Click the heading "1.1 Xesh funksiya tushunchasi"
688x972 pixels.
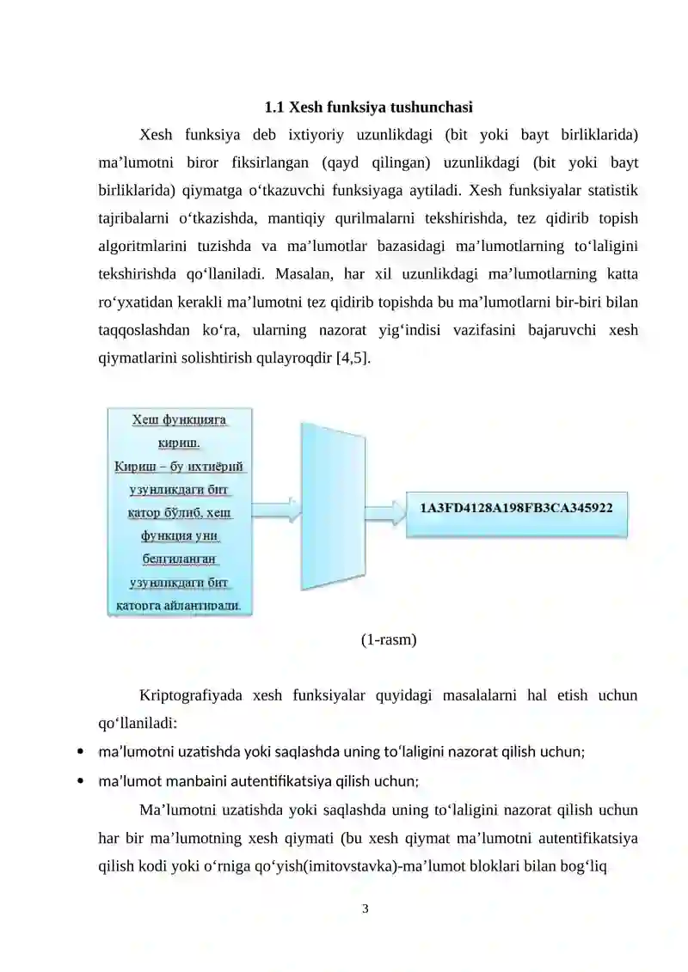pyautogui.click(x=367, y=108)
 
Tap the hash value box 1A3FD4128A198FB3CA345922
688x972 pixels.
pyautogui.click(x=516, y=509)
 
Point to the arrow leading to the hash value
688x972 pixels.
pyautogui.click(x=384, y=510)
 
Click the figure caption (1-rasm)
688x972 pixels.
pyautogui.click(x=389, y=639)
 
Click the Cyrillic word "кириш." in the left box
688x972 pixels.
pyautogui.click(x=180, y=443)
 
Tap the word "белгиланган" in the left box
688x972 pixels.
pyautogui.click(x=180, y=559)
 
